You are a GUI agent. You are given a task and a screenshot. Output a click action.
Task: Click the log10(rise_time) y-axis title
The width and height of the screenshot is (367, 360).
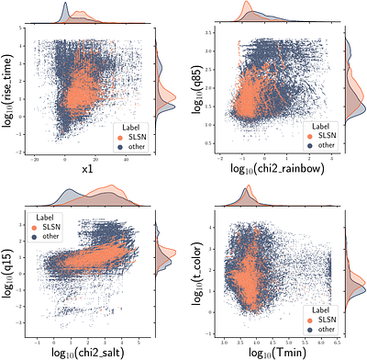coord(9,92)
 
